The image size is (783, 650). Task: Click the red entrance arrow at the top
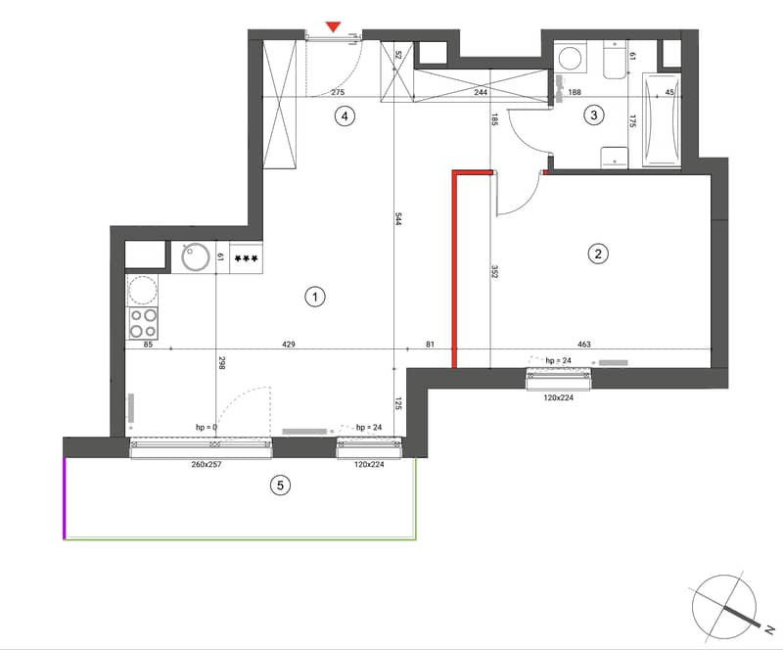333,27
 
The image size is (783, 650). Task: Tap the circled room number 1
314,297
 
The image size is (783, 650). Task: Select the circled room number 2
598,254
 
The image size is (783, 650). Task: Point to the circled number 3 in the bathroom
594,115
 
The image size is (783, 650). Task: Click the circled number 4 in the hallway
345,116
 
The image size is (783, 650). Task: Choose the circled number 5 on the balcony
280,486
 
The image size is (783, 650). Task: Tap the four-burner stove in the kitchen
143,323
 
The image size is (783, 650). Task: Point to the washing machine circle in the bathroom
570,58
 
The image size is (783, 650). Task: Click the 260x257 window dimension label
207,464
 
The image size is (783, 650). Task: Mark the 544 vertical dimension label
398,219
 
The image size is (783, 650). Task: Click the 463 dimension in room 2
583,344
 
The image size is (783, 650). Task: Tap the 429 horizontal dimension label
289,344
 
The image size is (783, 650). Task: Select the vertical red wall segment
454,270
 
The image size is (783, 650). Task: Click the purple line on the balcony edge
65,498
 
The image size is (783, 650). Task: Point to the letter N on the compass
769,630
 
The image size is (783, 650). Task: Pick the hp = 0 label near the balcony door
207,427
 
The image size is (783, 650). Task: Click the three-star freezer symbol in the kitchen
247,258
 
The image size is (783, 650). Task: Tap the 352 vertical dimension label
494,271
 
